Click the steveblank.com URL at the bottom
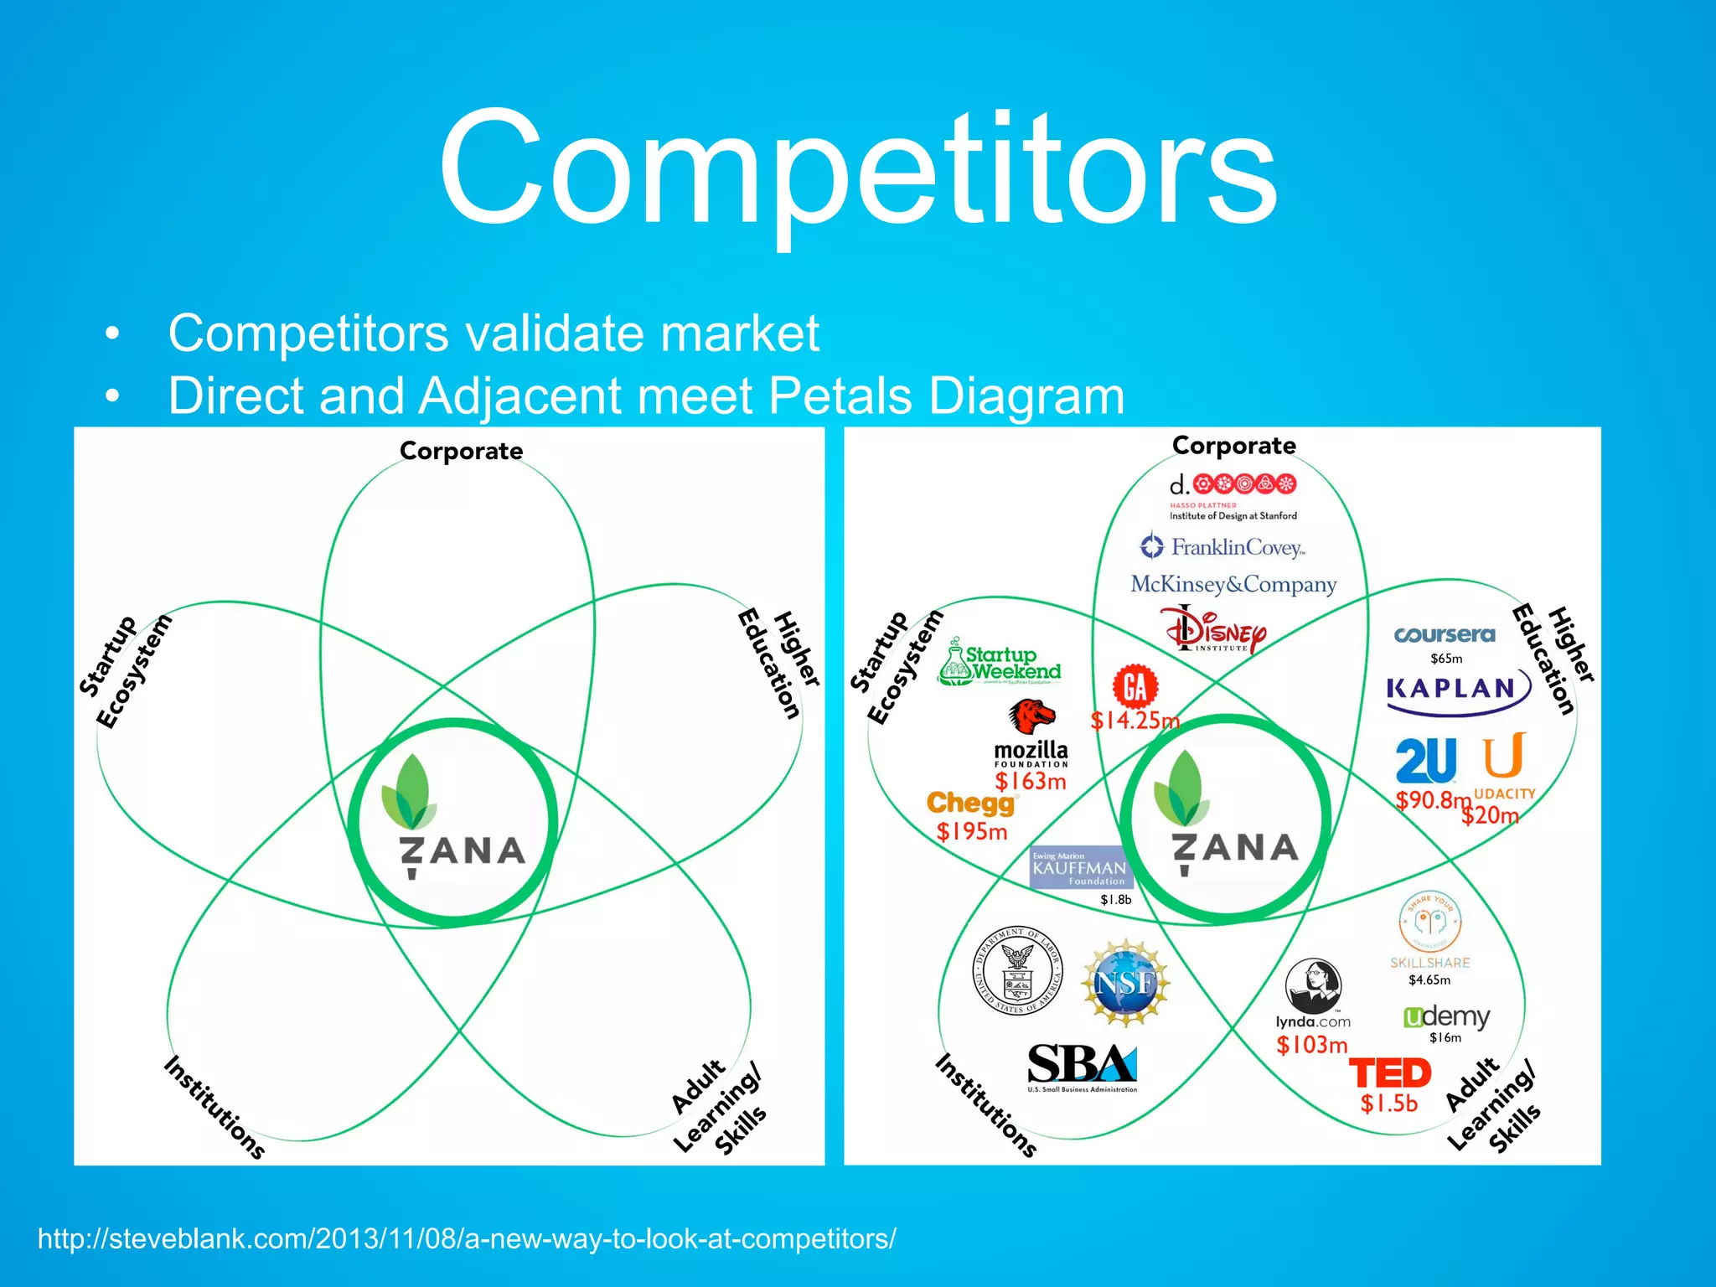[467, 1238]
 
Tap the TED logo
[1390, 1073]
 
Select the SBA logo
[1082, 1067]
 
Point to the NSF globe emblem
[1125, 983]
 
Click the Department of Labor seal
[1017, 972]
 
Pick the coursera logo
[1445, 635]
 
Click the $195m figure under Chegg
[972, 832]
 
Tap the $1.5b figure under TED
[1388, 1104]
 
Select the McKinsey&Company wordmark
[1233, 584]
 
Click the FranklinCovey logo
[1222, 547]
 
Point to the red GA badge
[1135, 687]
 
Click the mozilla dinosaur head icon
[1031, 716]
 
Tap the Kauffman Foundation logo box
[1081, 868]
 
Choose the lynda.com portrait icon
[1313, 985]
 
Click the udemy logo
[1446, 1017]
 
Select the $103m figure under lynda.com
[1312, 1045]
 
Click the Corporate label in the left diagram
[461, 451]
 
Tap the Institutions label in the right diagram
[986, 1105]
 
